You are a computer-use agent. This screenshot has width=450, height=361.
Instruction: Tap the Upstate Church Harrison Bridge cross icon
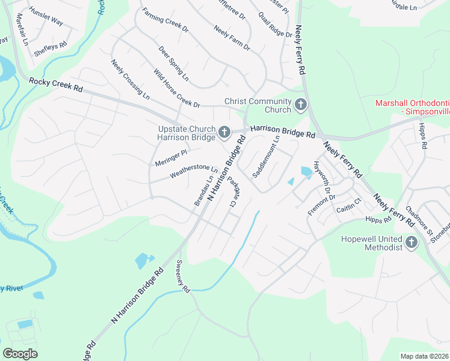point(224,131)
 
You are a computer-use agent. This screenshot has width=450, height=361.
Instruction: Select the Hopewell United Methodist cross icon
point(411,242)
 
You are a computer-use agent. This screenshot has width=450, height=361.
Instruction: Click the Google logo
point(20,354)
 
